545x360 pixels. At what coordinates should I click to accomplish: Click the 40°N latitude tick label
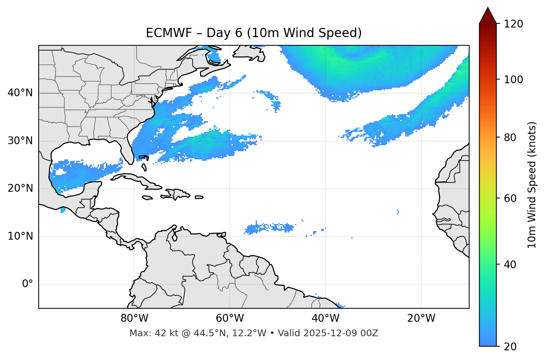[x=20, y=93]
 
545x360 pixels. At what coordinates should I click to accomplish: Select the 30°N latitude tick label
[x=20, y=141]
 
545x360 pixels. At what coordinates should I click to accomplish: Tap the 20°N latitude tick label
[x=20, y=188]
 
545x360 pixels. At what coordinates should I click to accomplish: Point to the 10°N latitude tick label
[x=20, y=236]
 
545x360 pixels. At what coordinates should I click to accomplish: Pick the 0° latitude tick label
[x=28, y=284]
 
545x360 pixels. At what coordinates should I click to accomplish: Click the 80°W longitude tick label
[x=134, y=318]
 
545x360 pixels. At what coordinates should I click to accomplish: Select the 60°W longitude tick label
[x=230, y=318]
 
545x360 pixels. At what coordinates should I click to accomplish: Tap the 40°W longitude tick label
[x=325, y=318]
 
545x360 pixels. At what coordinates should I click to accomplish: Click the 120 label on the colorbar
[x=514, y=24]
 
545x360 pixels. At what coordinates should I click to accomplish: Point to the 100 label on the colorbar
[x=514, y=80]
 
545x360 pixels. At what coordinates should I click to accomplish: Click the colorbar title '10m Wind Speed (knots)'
[x=532, y=185]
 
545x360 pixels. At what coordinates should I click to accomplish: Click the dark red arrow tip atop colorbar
[x=488, y=15]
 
